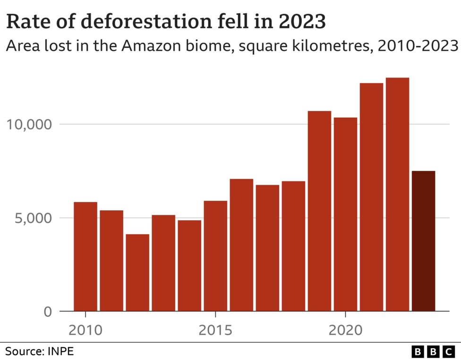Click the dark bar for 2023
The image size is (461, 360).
pos(423,241)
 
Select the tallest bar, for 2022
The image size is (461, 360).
pos(397,194)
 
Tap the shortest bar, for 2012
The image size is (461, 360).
pos(137,273)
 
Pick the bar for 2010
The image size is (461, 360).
pos(85,257)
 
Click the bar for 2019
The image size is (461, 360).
pos(319,211)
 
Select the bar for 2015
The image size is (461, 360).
pos(215,256)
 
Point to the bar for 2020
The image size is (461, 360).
pos(345,214)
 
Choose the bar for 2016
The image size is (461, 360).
pos(241,245)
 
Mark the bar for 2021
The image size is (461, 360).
pos(371,197)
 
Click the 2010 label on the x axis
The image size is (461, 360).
pos(85,329)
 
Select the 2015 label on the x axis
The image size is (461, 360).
pos(215,329)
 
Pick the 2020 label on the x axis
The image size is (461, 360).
pos(345,329)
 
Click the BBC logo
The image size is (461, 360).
pos(433,351)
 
